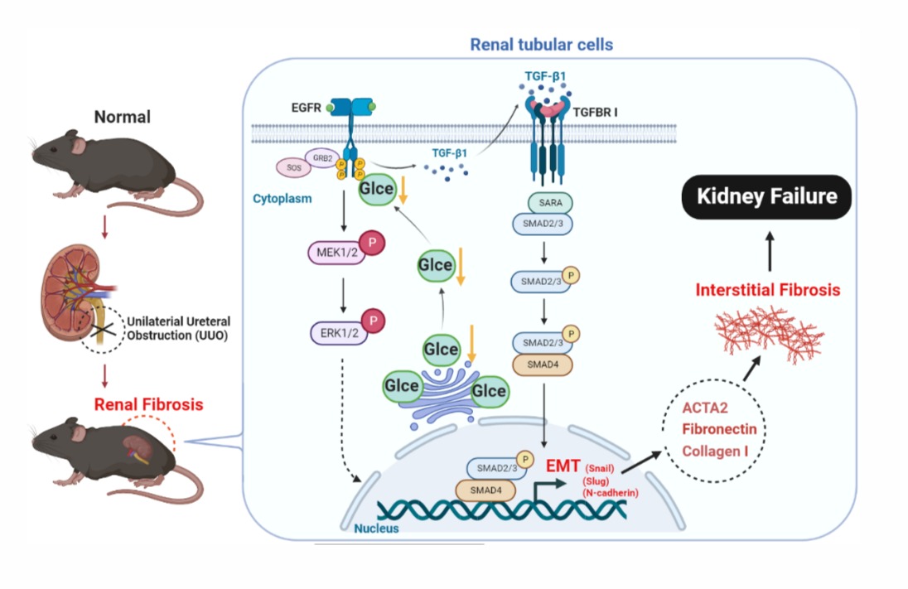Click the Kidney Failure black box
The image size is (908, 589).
click(766, 197)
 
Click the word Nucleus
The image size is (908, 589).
click(365, 528)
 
